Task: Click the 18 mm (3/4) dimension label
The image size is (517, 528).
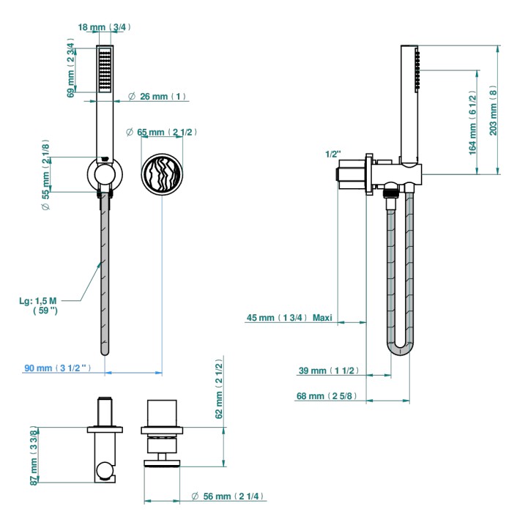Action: click(104, 27)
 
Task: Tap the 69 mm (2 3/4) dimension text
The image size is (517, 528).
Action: click(71, 68)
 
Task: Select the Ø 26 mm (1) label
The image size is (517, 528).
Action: click(157, 97)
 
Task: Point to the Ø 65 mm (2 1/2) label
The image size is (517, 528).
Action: click(161, 132)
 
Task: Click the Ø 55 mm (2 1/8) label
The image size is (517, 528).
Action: click(46, 175)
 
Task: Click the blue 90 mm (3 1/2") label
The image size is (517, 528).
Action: click(58, 368)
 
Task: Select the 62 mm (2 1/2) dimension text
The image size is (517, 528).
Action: click(219, 389)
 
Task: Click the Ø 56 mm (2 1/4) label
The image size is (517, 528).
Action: click(227, 496)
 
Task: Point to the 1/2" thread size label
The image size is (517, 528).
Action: click(332, 155)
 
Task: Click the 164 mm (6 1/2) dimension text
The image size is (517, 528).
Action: click(473, 122)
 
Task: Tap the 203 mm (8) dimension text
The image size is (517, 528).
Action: click(493, 111)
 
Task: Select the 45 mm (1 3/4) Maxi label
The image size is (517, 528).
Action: click(289, 318)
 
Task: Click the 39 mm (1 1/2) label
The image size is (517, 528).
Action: click(329, 371)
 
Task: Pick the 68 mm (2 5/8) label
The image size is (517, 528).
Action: click(327, 396)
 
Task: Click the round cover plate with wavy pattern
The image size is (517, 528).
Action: click(162, 174)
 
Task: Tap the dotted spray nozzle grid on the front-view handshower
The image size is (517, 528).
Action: click(105, 70)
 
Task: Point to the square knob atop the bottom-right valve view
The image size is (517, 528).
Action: click(162, 414)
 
